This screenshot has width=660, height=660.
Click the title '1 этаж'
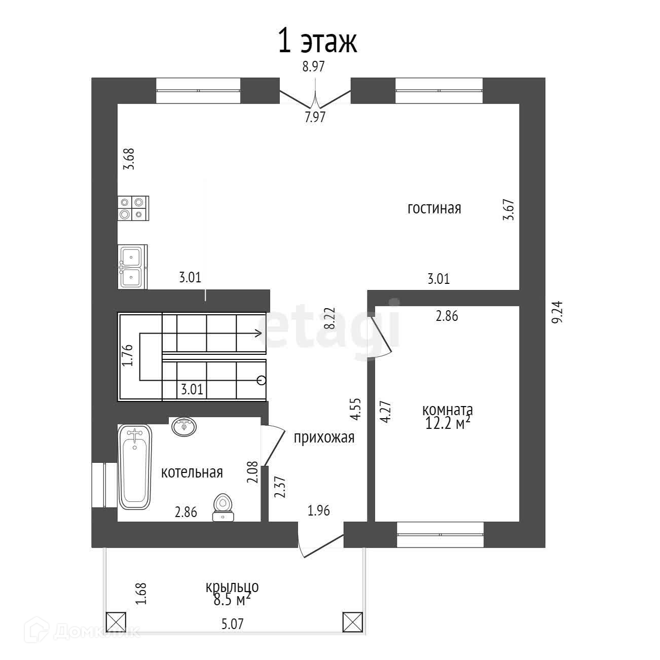317,42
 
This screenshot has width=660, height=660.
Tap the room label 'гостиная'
434,208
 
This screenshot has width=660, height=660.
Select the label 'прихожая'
323,437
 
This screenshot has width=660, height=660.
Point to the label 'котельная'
192,472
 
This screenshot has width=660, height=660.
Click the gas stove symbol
133,208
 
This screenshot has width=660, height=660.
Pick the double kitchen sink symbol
132,267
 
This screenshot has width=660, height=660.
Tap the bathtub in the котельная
135,466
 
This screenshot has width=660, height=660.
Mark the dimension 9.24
557,312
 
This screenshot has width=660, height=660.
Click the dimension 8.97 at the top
313,67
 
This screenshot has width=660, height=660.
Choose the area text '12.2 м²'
446,423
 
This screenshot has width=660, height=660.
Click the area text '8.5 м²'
232,601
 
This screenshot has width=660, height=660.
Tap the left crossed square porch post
116,621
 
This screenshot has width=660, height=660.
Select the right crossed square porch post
353,621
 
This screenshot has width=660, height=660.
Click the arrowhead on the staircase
258,333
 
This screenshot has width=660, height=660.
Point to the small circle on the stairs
262,380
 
